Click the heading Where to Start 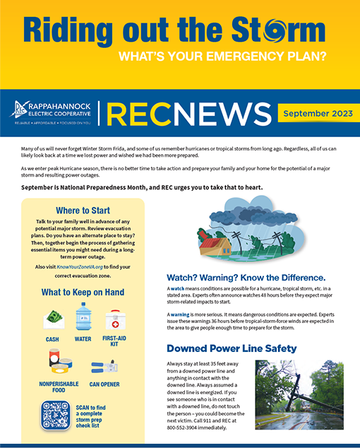[x=83, y=210]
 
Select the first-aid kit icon [x=115, y=320]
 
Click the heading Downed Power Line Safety [x=232, y=348]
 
